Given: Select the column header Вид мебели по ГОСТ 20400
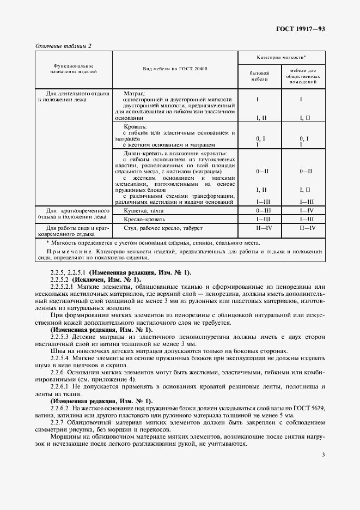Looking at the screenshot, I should point(175,69).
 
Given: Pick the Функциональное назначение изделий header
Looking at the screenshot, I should point(74,69).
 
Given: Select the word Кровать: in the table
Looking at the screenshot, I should point(136,126).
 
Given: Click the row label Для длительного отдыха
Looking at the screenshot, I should point(77,94).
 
